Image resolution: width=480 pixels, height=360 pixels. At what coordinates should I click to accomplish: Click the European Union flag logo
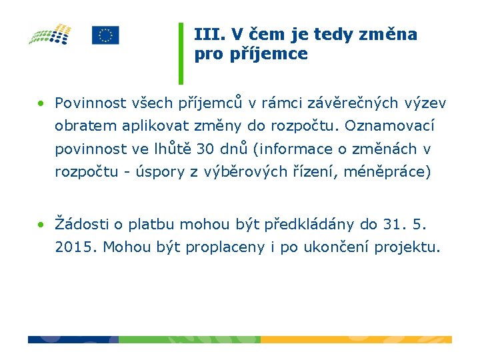(105, 35)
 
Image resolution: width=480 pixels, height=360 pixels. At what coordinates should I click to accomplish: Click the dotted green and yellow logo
(51, 34)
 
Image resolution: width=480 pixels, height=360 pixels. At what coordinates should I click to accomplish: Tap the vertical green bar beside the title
(181, 53)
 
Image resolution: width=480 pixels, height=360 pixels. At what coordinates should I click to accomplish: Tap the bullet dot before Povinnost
(41, 103)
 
